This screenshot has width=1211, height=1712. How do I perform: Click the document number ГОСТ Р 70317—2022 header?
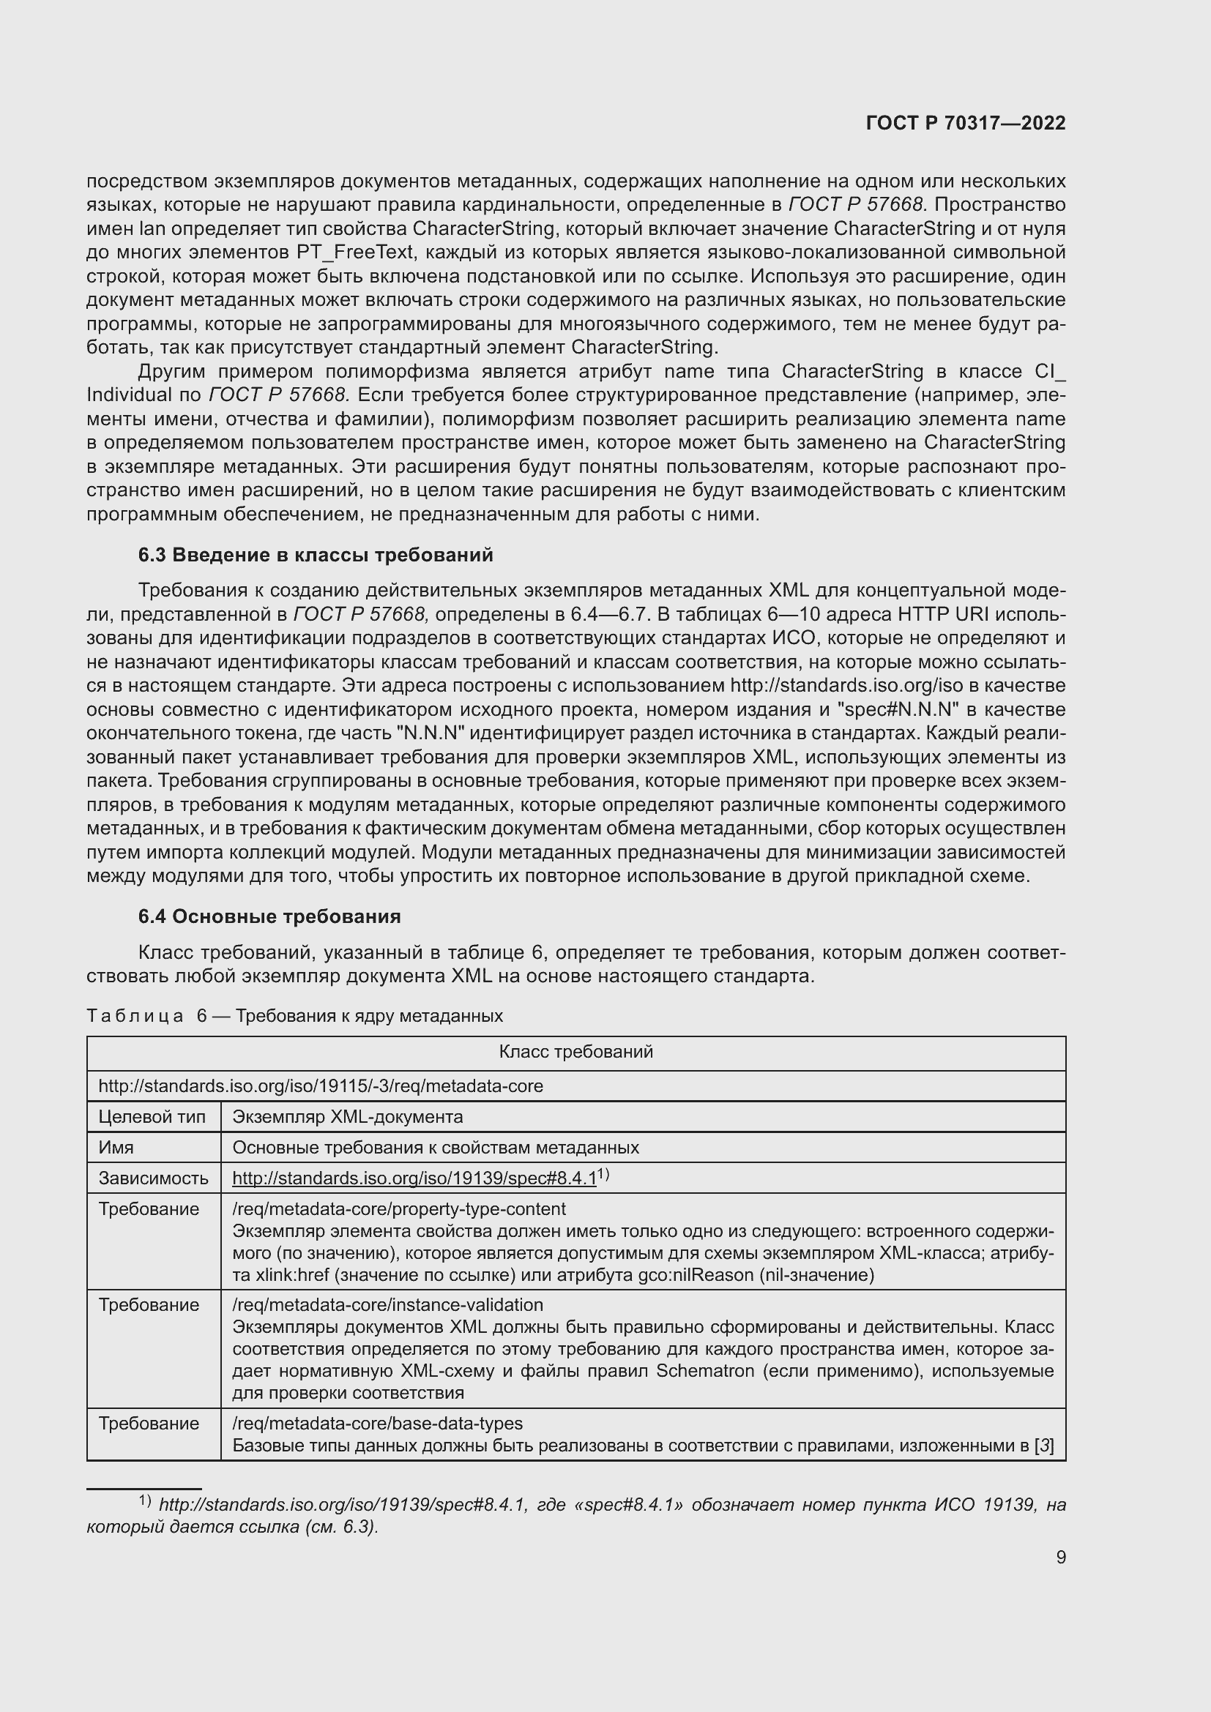point(966,124)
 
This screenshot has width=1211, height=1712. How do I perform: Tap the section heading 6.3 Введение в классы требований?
point(316,555)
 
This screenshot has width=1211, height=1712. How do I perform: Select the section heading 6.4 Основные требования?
point(269,916)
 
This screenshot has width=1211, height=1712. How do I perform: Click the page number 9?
point(1060,1557)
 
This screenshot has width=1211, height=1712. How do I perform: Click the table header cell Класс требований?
point(575,1051)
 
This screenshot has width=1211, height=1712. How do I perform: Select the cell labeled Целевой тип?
point(152,1116)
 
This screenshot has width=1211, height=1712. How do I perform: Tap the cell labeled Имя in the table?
point(116,1147)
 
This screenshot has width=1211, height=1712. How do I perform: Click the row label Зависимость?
point(153,1178)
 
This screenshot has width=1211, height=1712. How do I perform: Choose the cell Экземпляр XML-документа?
point(348,1116)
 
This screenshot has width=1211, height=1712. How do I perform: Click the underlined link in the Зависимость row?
point(414,1178)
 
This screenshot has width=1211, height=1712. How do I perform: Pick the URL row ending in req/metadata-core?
point(321,1085)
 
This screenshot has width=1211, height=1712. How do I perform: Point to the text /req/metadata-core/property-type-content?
point(399,1208)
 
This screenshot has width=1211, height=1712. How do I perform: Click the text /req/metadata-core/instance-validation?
point(388,1304)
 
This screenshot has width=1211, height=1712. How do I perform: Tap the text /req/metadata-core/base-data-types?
point(377,1424)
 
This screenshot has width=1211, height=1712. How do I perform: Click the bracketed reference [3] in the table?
point(1044,1446)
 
